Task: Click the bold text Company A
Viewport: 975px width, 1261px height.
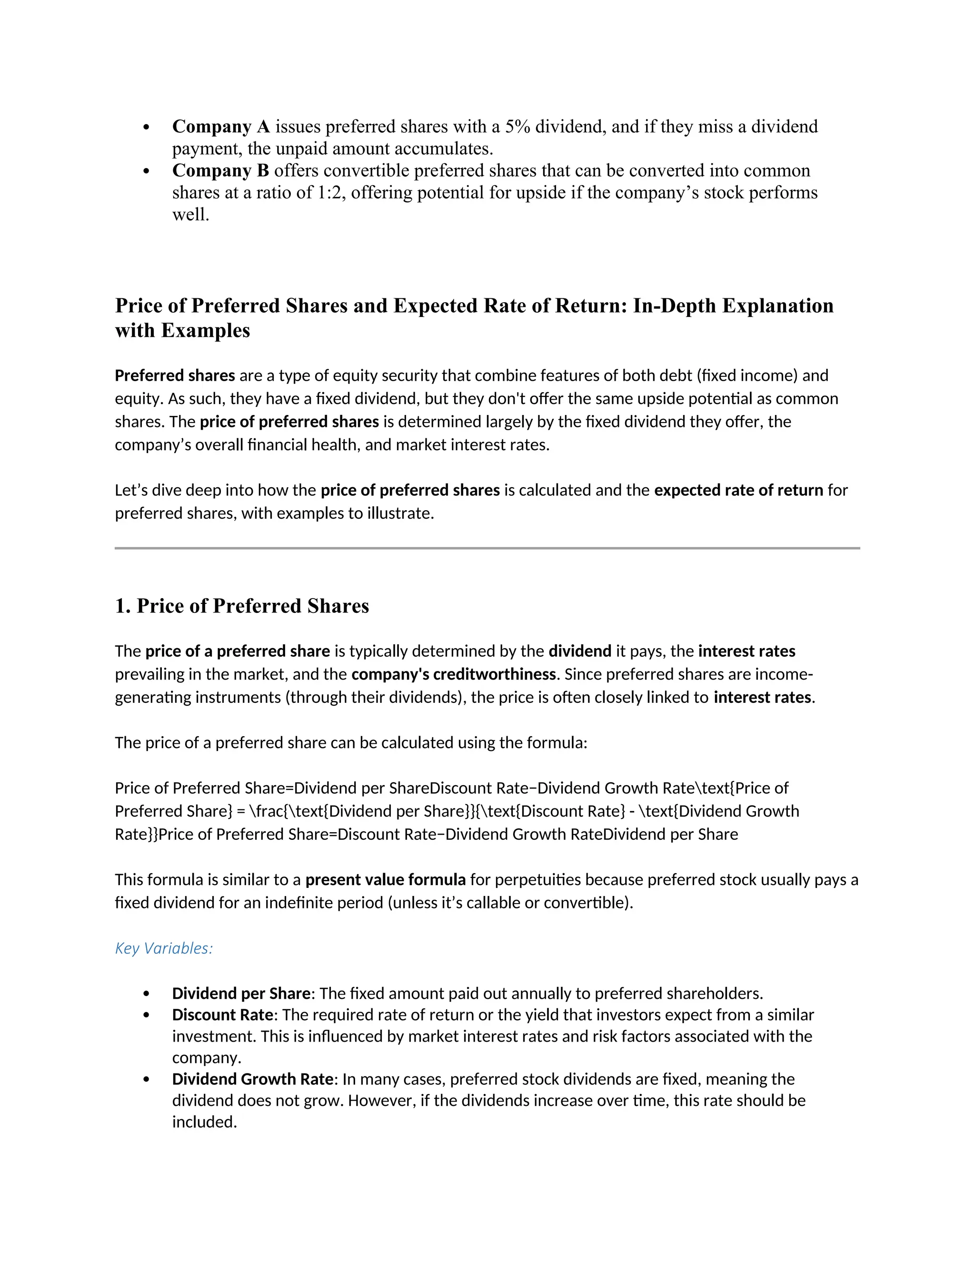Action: [220, 127]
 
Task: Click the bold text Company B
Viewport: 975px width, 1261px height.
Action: [220, 170]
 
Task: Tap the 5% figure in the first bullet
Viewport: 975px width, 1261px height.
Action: [517, 127]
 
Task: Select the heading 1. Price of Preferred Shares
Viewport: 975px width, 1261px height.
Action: [241, 606]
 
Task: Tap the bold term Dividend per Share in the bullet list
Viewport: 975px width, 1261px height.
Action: [241, 993]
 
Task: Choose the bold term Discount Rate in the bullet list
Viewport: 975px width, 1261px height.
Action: [222, 1015]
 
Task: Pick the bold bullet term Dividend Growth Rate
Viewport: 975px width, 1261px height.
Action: [252, 1079]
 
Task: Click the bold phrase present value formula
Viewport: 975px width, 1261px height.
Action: [385, 879]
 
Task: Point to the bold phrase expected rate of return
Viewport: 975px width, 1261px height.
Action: [738, 490]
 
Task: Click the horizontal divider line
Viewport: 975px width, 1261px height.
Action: [487, 548]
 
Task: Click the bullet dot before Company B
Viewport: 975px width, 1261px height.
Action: [146, 171]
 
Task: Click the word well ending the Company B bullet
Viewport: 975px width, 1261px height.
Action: [189, 214]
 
